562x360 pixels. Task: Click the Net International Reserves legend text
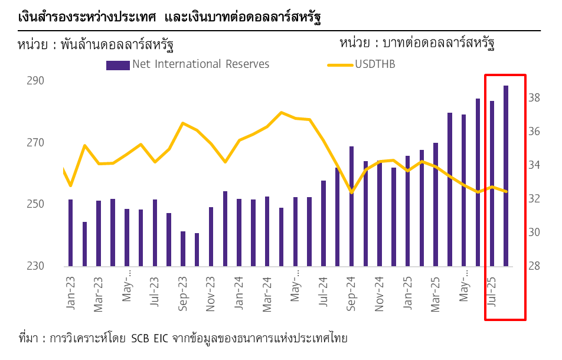(x=201, y=64)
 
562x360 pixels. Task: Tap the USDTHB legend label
(x=375, y=64)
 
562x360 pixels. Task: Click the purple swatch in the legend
(x=117, y=65)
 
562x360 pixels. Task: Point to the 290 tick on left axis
(x=35, y=81)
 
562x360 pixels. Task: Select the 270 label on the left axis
(x=35, y=143)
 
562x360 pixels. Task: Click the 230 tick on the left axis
(x=35, y=266)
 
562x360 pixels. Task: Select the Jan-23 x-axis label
(x=71, y=294)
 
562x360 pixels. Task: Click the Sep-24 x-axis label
(x=351, y=294)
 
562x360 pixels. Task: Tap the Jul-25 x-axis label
(x=492, y=289)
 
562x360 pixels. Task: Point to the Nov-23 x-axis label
(x=211, y=294)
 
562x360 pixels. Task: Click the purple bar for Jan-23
(x=71, y=233)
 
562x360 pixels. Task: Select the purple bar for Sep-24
(x=351, y=207)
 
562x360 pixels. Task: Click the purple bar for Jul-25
(x=492, y=184)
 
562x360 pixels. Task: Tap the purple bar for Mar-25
(x=436, y=204)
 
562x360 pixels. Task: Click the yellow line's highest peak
(x=282, y=112)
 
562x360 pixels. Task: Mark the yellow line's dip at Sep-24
(x=351, y=192)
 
